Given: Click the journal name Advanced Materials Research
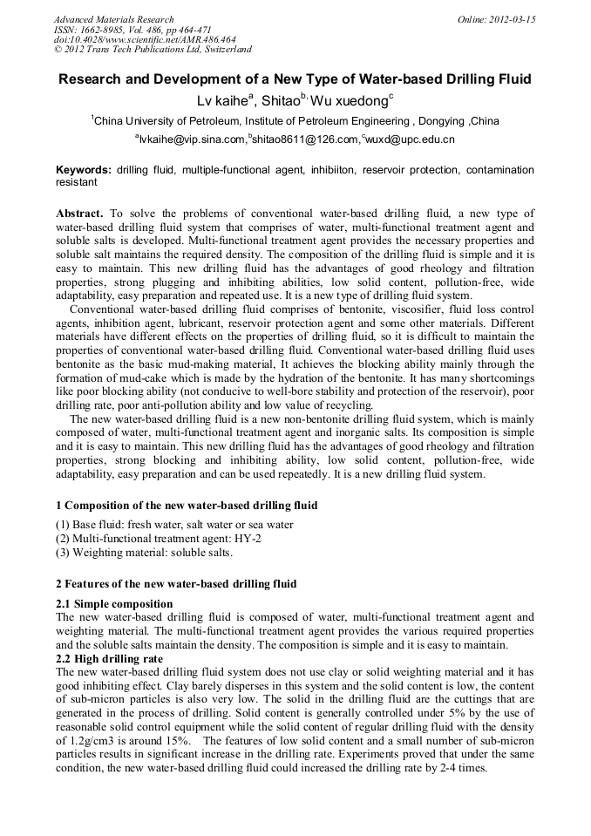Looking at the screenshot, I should (113, 19).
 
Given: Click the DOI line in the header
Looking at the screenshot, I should (145, 40).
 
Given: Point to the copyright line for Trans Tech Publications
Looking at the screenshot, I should (153, 51).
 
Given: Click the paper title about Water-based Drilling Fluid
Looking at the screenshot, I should (295, 79).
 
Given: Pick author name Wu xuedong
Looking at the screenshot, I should (354, 101).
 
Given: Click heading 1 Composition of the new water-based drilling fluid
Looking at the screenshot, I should (187, 505).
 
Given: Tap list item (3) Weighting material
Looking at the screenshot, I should (145, 553).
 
